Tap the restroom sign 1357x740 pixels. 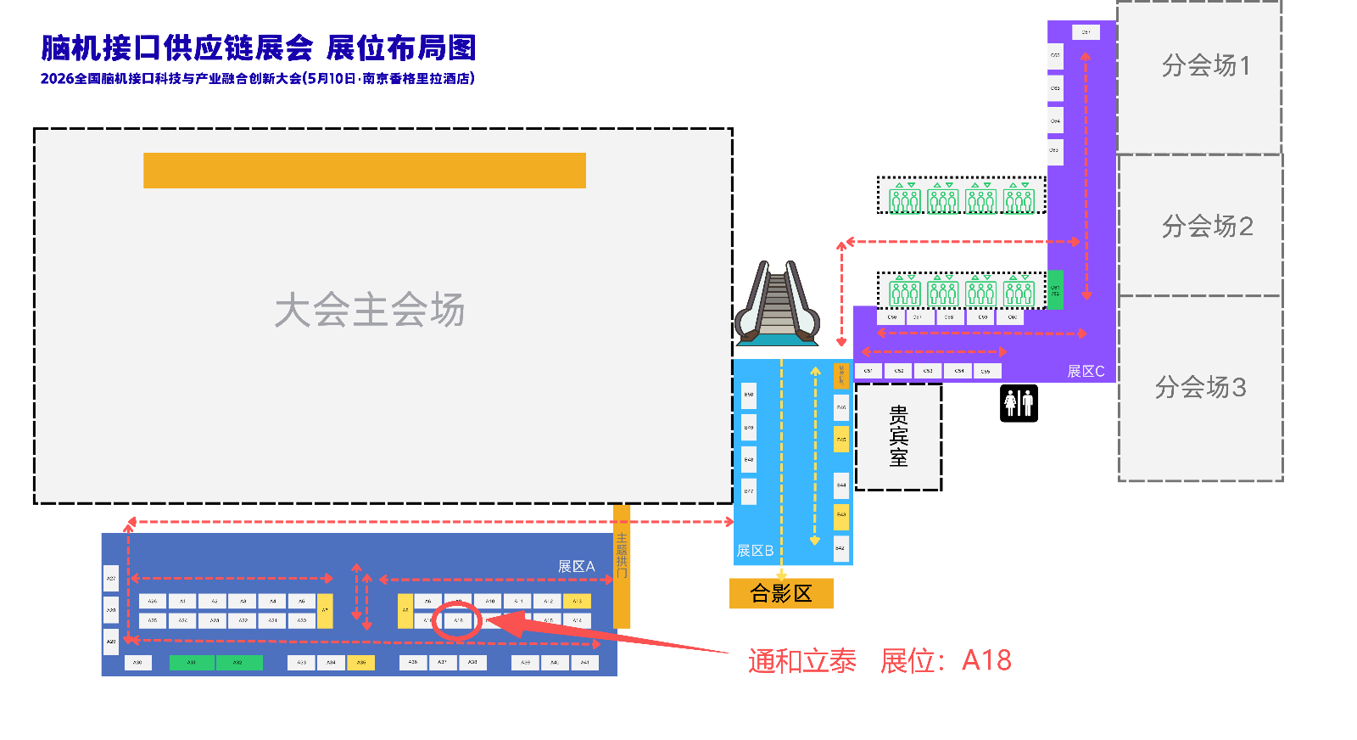(x=1019, y=403)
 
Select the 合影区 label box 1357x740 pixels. (x=781, y=593)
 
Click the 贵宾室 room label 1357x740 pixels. (x=898, y=436)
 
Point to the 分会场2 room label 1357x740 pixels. (x=1207, y=227)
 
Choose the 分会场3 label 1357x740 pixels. (x=1200, y=388)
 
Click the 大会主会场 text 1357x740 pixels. (x=370, y=311)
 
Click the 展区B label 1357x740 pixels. (x=755, y=551)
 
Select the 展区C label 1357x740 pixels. (x=1086, y=372)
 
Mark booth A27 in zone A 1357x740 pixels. (x=111, y=578)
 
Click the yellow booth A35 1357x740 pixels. (x=361, y=662)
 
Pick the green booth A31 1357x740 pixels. (x=192, y=662)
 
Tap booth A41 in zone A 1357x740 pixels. (x=584, y=662)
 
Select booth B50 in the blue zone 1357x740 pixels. (x=749, y=395)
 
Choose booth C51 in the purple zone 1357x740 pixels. (x=868, y=371)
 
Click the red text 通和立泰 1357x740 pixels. (x=801, y=661)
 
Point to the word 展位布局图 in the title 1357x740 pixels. (x=401, y=48)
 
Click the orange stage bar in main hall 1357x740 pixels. (x=365, y=171)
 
